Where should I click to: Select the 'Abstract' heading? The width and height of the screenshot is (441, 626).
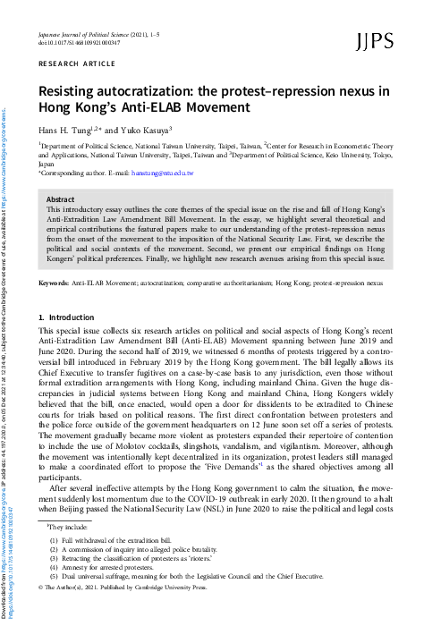(x=60, y=200)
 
